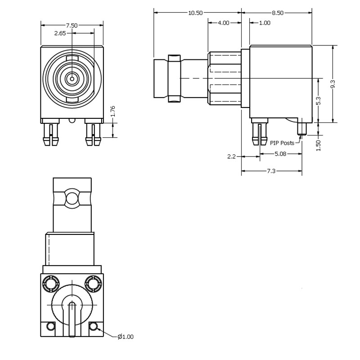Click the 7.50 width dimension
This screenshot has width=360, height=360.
click(72, 25)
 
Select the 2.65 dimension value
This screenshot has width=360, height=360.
click(60, 33)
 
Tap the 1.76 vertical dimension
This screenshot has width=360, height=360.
click(113, 111)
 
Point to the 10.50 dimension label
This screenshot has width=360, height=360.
click(195, 13)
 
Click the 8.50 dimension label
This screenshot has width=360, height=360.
click(278, 13)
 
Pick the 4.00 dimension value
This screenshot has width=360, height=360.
click(224, 22)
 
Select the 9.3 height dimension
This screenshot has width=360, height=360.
click(333, 84)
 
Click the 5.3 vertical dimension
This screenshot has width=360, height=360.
click(318, 101)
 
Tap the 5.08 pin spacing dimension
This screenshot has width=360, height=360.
click(281, 154)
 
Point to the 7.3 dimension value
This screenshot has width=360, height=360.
click(271, 171)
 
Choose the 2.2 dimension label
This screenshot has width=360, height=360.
click(231, 157)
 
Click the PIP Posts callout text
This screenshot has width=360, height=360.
click(282, 143)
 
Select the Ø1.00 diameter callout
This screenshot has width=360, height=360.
click(126, 337)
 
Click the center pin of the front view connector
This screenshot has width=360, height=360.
click(72, 79)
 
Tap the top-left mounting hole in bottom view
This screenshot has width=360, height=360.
click(50, 283)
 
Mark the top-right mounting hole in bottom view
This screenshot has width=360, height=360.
click(93, 283)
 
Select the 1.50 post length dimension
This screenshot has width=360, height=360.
click(318, 145)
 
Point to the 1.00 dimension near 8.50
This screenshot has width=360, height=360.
click(265, 22)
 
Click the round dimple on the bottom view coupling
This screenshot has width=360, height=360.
click(72, 198)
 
